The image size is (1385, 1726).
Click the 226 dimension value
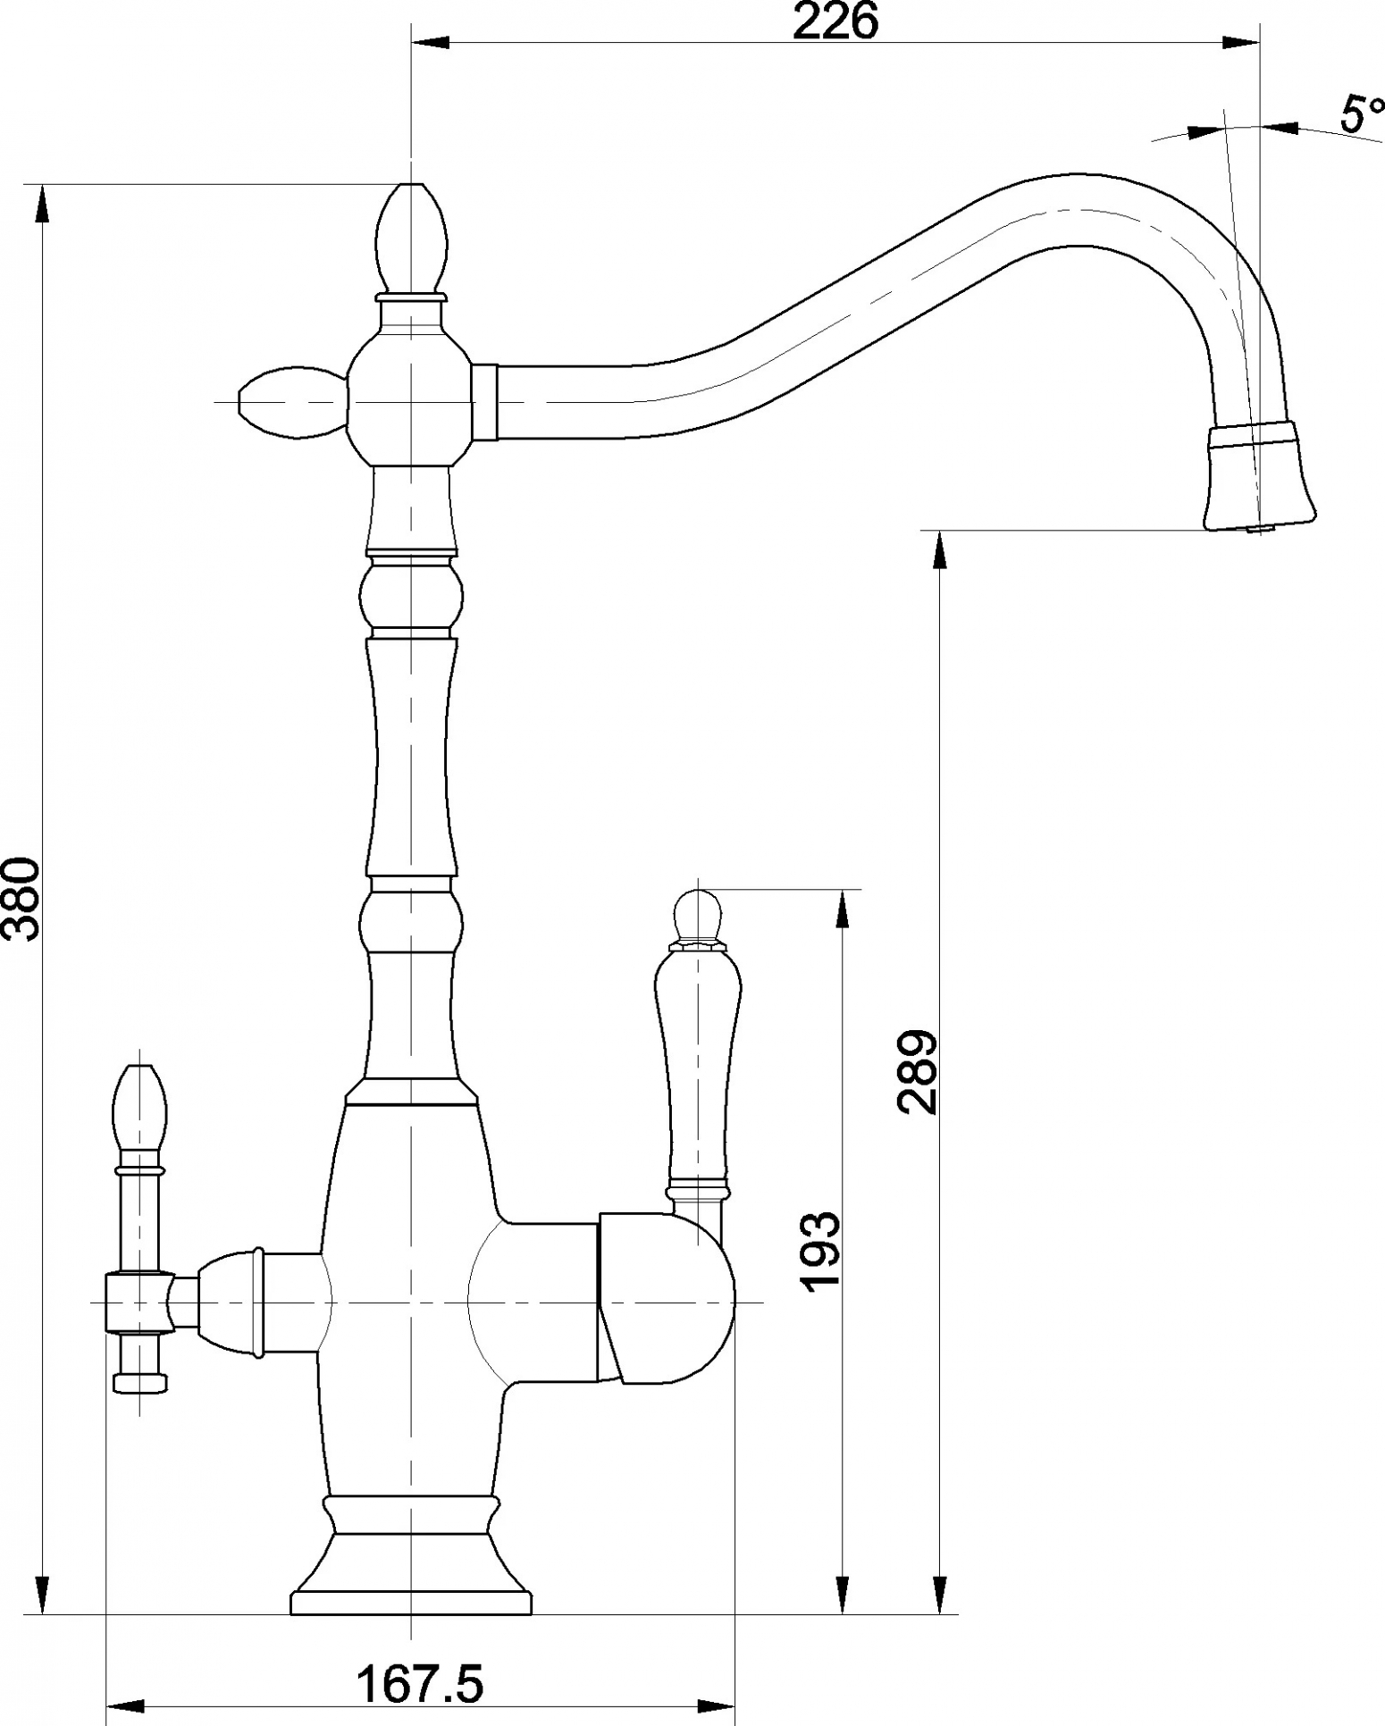click(835, 21)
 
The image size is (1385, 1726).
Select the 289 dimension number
click(918, 1072)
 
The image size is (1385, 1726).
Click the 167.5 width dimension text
click(420, 1684)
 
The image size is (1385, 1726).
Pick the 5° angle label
click(1361, 114)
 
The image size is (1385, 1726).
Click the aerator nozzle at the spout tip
click(1260, 479)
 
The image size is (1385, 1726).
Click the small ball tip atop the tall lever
click(698, 914)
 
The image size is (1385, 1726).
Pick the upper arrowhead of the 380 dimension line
click(41, 205)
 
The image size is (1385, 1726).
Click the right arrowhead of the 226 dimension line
click(1238, 41)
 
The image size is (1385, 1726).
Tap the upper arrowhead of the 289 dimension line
click(939, 551)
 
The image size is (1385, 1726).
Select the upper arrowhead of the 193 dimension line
click(843, 910)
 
